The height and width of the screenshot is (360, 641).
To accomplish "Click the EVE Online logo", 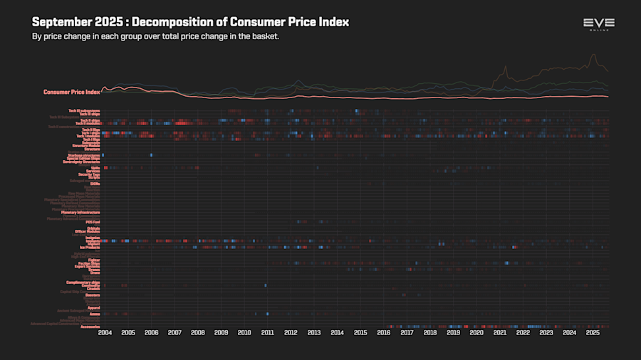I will pos(598,25).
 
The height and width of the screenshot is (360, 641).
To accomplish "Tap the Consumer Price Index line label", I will pos(71,92).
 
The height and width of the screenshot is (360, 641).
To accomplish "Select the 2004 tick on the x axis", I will pos(105,333).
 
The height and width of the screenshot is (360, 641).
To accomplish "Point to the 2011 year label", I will pos(268,333).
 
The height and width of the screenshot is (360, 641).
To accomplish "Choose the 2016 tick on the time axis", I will pos(384,333).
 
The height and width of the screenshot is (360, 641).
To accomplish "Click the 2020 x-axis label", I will pos(476,333).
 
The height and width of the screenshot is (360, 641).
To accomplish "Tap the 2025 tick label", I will pos(593,333).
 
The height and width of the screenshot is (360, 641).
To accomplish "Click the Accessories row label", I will pos(90,327).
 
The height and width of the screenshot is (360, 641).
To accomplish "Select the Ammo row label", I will pos(95,314).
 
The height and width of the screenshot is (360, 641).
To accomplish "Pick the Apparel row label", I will pos(93,307).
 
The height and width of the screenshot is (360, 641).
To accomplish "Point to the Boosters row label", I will pos(93,295).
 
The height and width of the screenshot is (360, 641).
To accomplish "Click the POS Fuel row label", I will pos(92,222).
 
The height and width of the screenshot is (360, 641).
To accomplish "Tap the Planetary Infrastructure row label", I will pos(80,212).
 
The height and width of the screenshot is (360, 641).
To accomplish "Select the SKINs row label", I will pos(95,184).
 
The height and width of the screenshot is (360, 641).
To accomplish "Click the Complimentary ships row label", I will pos(83,282).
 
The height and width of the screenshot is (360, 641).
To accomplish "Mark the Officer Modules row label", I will pos(87,231).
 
